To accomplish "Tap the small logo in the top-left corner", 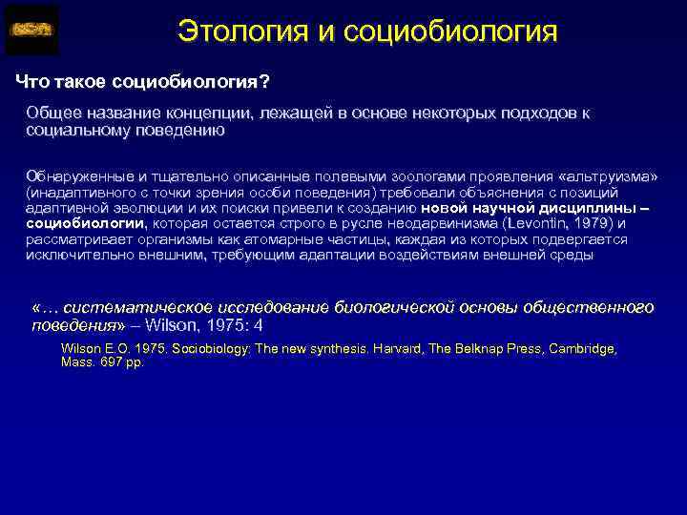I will click(x=31, y=31).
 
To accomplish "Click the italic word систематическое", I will click(x=142, y=307).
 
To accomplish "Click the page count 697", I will click(x=106, y=362).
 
